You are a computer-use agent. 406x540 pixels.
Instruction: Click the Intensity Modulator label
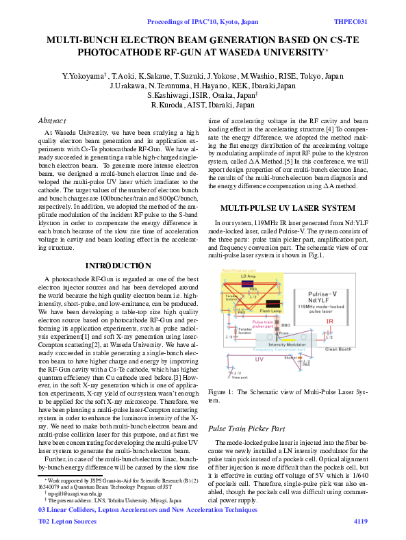pos(286,344)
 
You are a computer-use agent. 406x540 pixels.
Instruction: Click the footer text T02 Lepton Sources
pos(67,522)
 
